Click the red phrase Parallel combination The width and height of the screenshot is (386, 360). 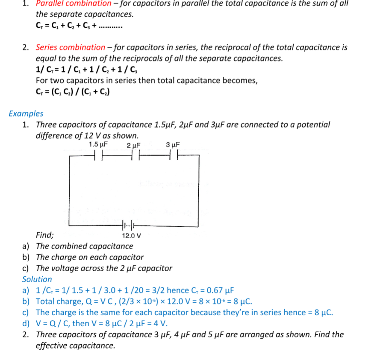pos(74,3)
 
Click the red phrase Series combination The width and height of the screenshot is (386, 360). pos(71,47)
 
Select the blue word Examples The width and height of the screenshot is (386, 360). pos(26,114)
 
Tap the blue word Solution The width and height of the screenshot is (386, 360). pos(37,279)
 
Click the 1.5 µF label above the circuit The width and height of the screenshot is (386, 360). pos(98,144)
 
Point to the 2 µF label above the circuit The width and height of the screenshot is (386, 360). pos(134,145)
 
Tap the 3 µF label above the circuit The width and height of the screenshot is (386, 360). pos(173,144)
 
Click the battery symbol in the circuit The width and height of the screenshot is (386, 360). pos(129,225)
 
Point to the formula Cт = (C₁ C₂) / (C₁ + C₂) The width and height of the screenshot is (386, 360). pos(73,92)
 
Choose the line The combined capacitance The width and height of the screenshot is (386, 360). pos(85,246)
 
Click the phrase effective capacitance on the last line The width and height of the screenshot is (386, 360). pos(76,345)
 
